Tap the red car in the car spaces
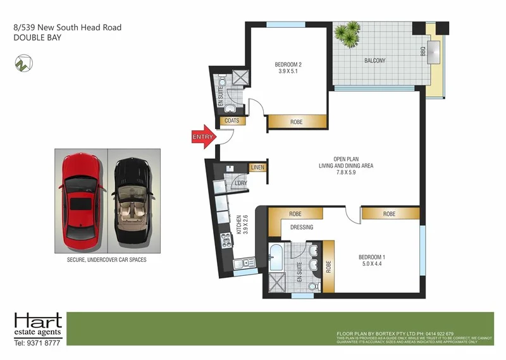[x=81, y=201]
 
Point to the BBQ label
[x=423, y=53]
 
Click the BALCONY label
[x=374, y=61]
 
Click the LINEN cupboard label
[x=257, y=168]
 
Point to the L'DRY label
[x=240, y=183]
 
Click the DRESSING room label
[x=302, y=227]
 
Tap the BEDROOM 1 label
[x=372, y=256]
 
